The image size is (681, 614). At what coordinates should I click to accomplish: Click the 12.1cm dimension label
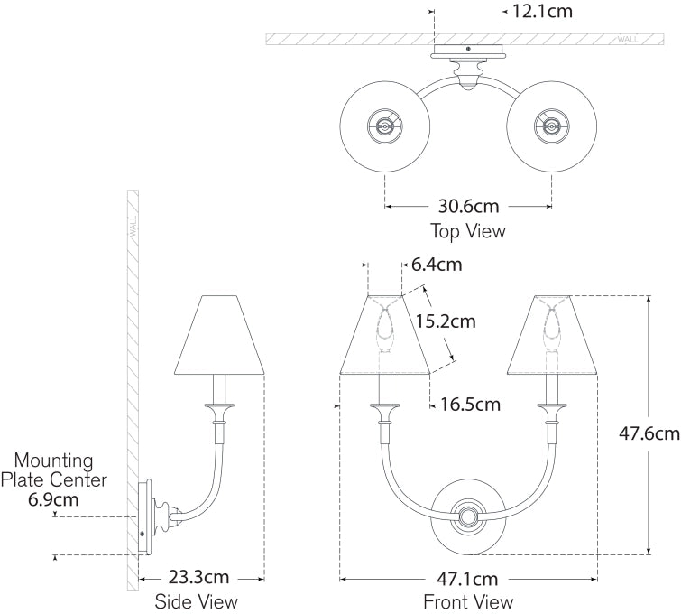pyautogui.click(x=542, y=12)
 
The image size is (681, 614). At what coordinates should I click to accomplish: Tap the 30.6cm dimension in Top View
pyautogui.click(x=468, y=207)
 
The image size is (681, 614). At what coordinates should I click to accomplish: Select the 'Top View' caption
pyautogui.click(x=468, y=231)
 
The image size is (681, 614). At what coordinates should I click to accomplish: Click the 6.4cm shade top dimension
pyautogui.click(x=437, y=265)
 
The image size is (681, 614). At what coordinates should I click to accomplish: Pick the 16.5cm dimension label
pyautogui.click(x=470, y=405)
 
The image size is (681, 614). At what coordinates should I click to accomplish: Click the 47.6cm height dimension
pyautogui.click(x=655, y=433)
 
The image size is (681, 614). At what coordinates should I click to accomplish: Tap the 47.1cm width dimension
pyautogui.click(x=468, y=579)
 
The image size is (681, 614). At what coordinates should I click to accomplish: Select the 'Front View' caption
pyautogui.click(x=468, y=601)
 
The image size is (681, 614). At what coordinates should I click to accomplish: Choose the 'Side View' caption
pyautogui.click(x=197, y=601)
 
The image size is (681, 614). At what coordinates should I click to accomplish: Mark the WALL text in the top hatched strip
pyautogui.click(x=629, y=40)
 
